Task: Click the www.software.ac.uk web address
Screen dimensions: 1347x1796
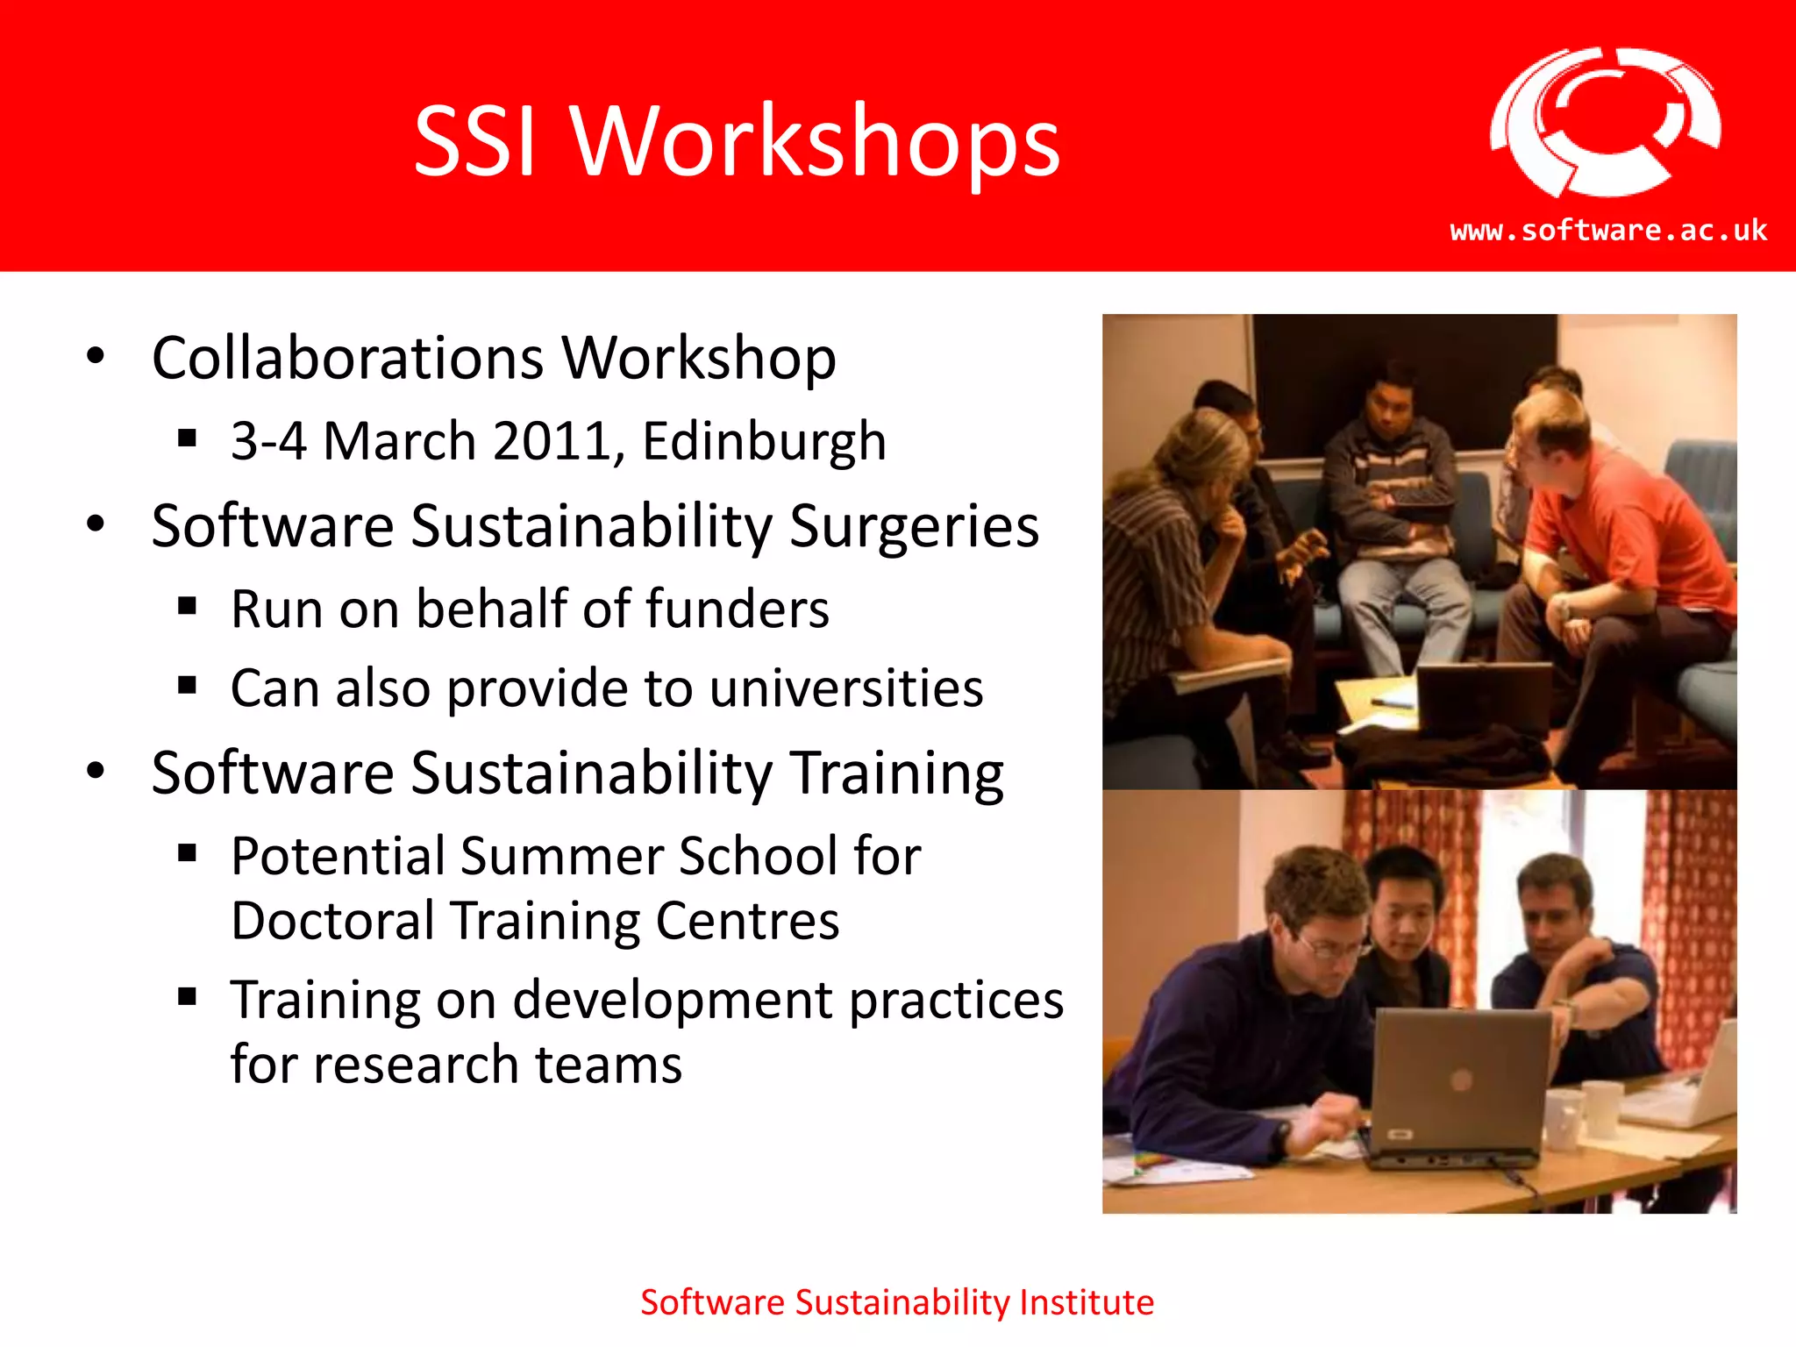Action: [1608, 231]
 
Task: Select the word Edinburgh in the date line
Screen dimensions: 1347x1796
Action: [764, 441]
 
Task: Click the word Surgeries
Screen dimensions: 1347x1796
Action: [914, 526]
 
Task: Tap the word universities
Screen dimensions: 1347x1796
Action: [846, 688]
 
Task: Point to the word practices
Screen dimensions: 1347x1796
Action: [956, 1000]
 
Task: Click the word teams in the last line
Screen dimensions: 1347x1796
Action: [609, 1065]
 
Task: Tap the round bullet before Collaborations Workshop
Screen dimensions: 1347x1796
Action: [96, 356]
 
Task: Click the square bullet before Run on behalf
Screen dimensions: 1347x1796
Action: [187, 607]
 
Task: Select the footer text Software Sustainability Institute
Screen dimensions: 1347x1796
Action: [897, 1302]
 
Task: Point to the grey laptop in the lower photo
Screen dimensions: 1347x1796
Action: [1460, 1087]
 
